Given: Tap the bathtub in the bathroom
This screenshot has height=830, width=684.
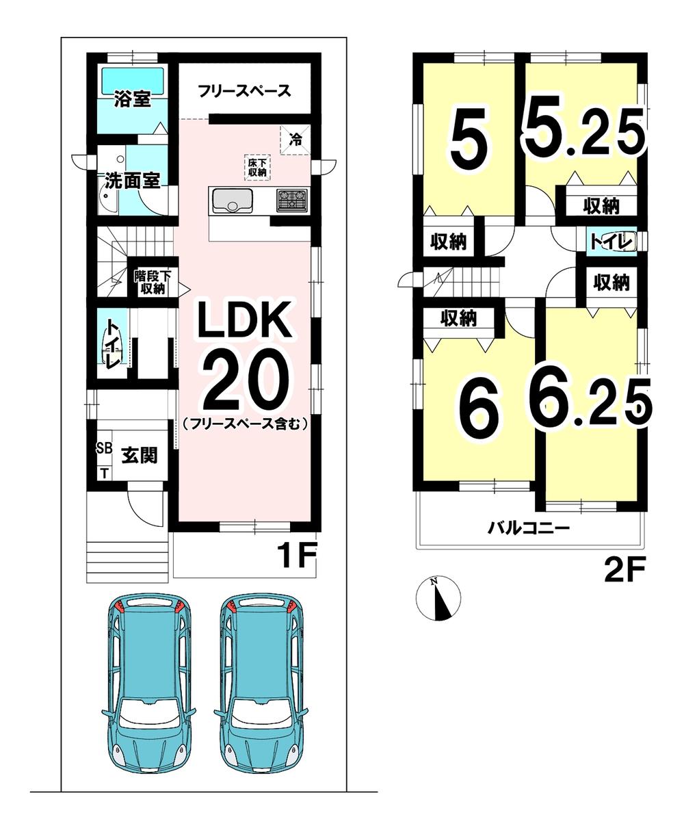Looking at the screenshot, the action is pos(133,81).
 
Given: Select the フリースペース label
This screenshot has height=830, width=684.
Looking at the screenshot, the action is pos(244,91).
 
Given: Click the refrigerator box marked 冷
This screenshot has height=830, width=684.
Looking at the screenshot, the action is pos(295,140).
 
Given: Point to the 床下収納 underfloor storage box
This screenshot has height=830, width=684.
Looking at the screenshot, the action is pos(257,168).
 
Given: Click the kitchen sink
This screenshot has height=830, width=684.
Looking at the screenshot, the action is pos(233,200).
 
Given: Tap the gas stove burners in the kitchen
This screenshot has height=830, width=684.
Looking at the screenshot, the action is pos(293,200).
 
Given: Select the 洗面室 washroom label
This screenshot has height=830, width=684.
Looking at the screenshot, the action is pos(132,181).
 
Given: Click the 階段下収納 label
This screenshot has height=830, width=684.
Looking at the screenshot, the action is pos(153,282).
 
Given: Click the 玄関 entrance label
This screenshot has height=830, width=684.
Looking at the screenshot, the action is pos(139,455).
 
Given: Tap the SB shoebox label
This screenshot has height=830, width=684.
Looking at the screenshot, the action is pos(105,448).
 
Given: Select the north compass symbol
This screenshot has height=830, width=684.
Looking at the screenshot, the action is pos(438,597).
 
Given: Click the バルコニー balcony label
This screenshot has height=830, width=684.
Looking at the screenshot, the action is pos(529,528).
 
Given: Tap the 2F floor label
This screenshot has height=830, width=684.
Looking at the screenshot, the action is pos(624,569).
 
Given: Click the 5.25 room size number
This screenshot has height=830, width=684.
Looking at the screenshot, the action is pos(584,126).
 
